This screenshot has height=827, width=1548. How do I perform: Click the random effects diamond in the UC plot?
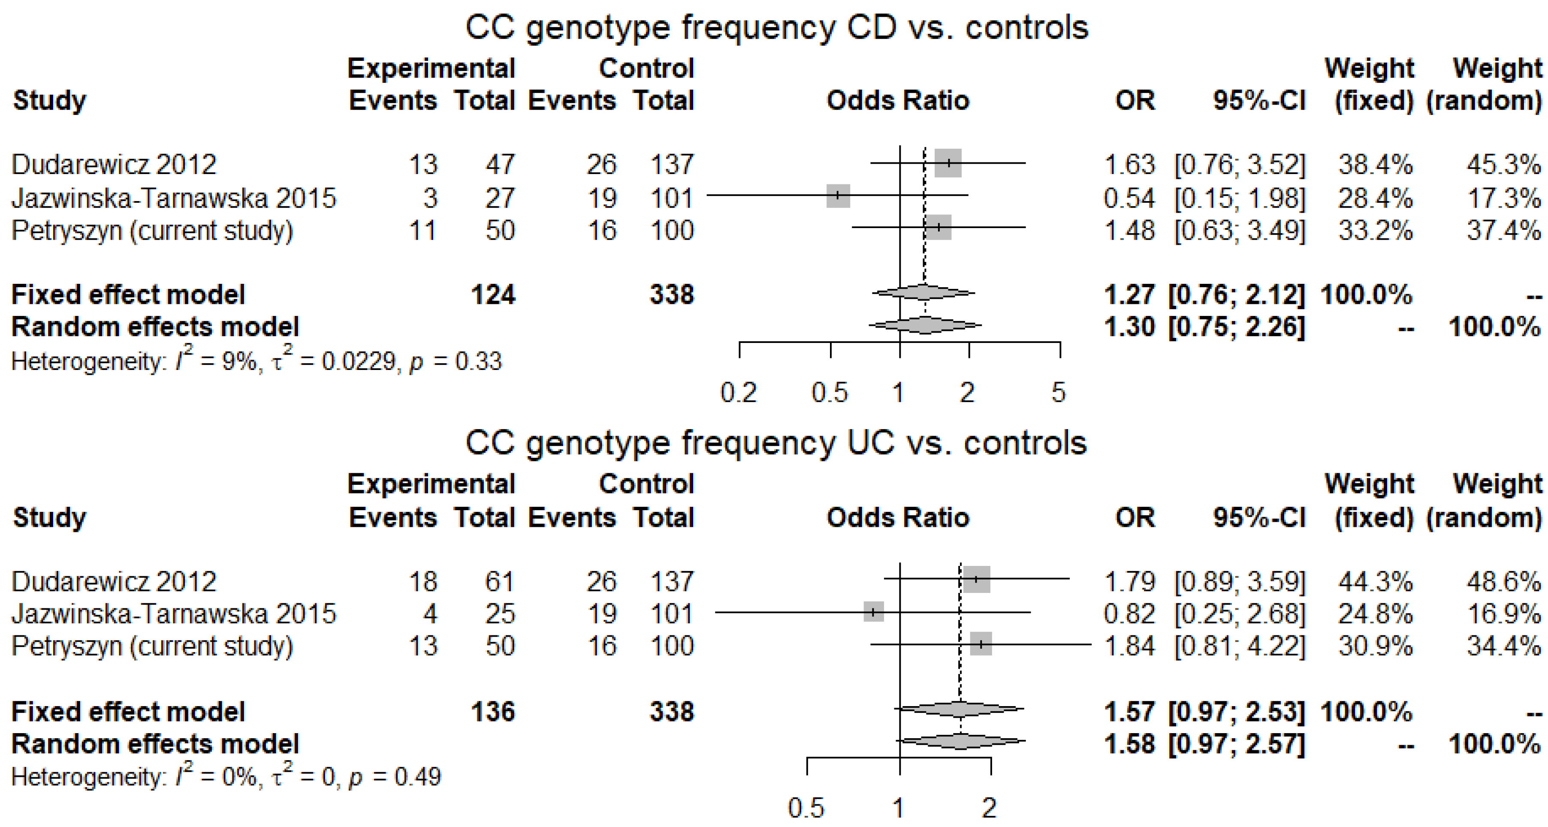pyautogui.click(x=960, y=741)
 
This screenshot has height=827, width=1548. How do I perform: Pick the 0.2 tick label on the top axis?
pyautogui.click(x=739, y=393)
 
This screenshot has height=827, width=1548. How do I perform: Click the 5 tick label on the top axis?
pyautogui.click(x=1058, y=393)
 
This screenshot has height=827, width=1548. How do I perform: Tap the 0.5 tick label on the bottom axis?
pyautogui.click(x=806, y=809)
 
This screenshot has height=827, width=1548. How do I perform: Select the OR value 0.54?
pyautogui.click(x=1129, y=198)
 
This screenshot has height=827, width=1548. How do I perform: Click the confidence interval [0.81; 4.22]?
pyautogui.click(x=1240, y=646)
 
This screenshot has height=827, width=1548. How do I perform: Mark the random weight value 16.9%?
pyautogui.click(x=1503, y=614)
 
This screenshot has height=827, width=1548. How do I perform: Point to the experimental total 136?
pyautogui.click(x=493, y=712)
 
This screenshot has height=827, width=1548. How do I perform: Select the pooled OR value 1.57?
pyautogui.click(x=1129, y=712)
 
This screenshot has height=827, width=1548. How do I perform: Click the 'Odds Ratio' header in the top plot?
pyautogui.click(x=898, y=100)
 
